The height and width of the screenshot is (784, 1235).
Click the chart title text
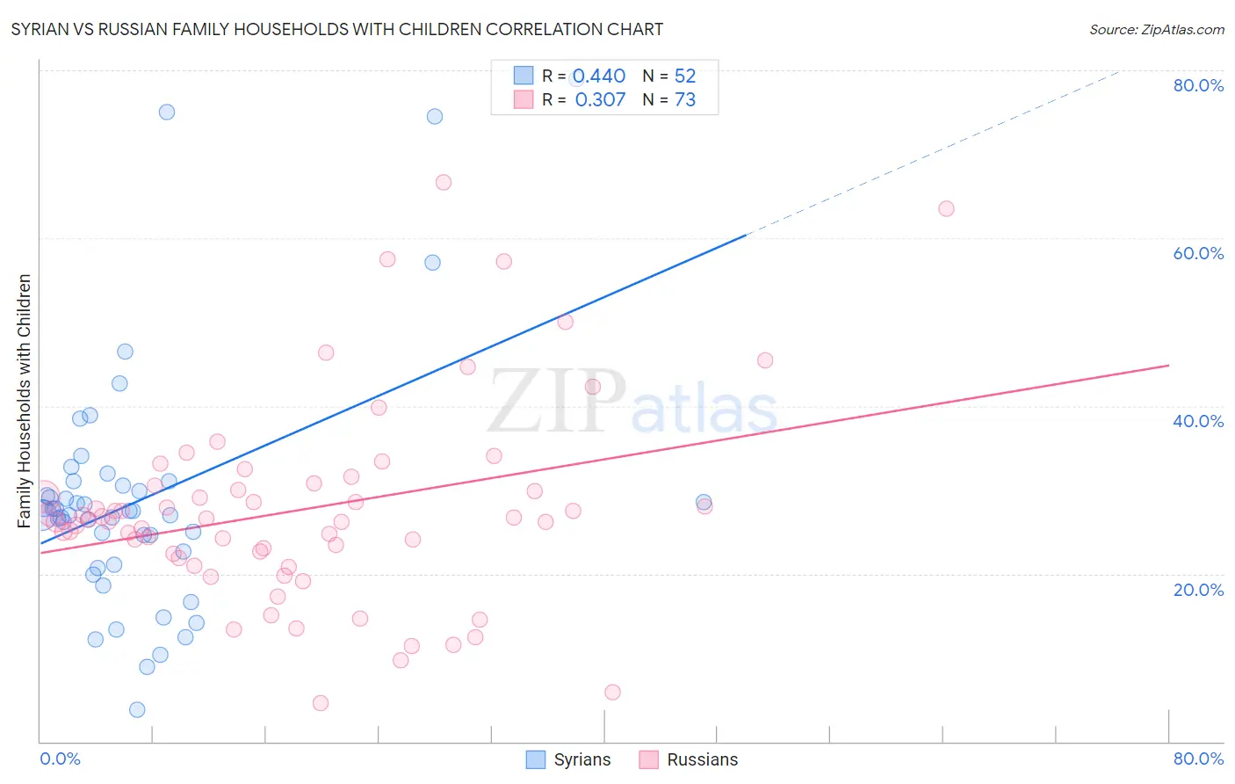pyautogui.click(x=336, y=29)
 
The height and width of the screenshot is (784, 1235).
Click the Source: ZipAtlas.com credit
pyautogui.click(x=1156, y=29)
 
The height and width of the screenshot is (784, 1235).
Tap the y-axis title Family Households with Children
pyautogui.click(x=25, y=401)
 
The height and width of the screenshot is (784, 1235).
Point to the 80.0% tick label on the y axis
pyautogui.click(x=1198, y=85)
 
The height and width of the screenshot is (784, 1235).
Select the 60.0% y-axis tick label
pyautogui.click(x=1198, y=253)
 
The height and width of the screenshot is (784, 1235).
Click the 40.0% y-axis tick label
pyautogui.click(x=1198, y=421)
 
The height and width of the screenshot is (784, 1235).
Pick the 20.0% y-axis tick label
pyautogui.click(x=1198, y=590)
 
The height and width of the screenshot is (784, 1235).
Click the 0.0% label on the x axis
pyautogui.click(x=60, y=759)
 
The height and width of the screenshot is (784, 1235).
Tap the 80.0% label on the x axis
pyautogui.click(x=1198, y=759)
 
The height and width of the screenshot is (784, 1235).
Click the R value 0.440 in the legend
pyautogui.click(x=599, y=76)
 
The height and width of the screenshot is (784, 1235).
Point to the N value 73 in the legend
pyautogui.click(x=685, y=100)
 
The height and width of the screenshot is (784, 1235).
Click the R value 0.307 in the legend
pyautogui.click(x=600, y=100)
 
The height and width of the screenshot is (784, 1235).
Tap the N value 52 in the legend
pyautogui.click(x=685, y=76)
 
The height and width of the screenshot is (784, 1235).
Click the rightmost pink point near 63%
pyautogui.click(x=946, y=208)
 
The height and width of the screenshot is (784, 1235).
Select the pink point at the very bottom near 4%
pyautogui.click(x=321, y=703)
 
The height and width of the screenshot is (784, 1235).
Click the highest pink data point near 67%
pyautogui.click(x=444, y=182)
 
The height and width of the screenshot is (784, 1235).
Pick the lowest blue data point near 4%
pyautogui.click(x=137, y=709)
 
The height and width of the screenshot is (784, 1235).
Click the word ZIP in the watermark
pyautogui.click(x=557, y=402)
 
